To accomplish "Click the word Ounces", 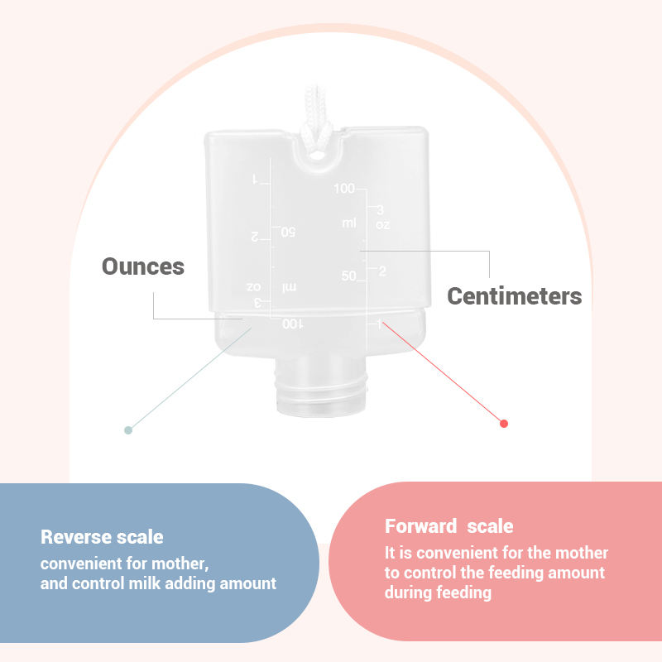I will (x=143, y=266).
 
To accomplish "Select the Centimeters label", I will (x=514, y=296).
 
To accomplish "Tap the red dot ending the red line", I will (x=504, y=424).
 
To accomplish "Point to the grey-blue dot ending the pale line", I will (x=127, y=429).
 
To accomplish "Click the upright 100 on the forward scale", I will (x=344, y=189).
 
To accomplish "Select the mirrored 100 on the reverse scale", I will (x=292, y=324).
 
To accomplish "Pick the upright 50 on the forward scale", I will (x=348, y=276).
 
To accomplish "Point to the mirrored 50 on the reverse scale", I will (x=288, y=233).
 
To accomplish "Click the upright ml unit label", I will (x=349, y=223).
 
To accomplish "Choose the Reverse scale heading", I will (x=102, y=537).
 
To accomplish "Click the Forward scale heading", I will (x=449, y=526).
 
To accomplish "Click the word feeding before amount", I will (x=506, y=573).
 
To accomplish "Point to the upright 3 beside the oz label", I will (x=381, y=209).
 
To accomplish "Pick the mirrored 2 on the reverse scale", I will (x=256, y=237).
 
